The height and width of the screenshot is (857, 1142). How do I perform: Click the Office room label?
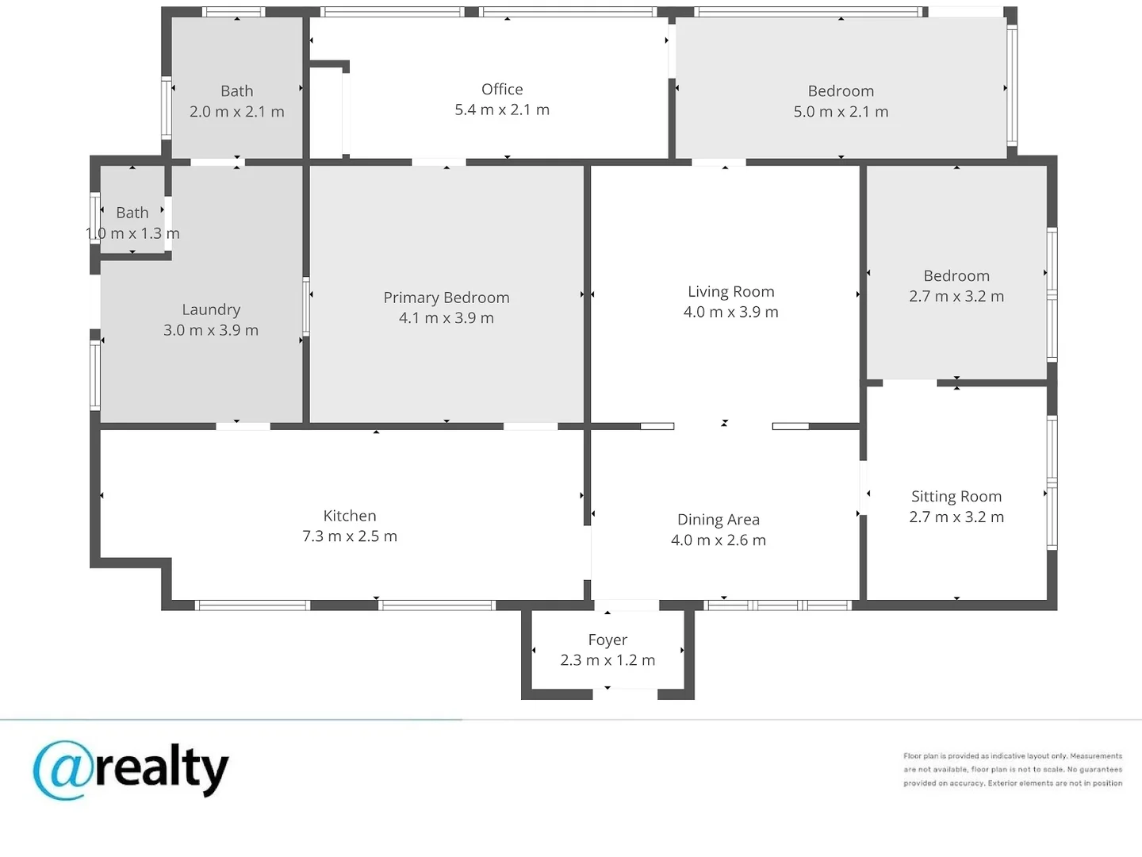coord(502,90)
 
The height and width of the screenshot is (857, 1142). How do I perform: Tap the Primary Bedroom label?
coord(446,298)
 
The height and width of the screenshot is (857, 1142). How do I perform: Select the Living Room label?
coord(731,291)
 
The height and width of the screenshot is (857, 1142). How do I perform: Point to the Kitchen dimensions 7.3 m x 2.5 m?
coord(350,536)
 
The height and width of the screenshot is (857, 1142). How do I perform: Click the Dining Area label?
coord(719,519)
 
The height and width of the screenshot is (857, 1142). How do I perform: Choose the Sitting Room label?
coord(956,497)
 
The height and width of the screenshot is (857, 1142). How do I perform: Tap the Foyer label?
coord(607,640)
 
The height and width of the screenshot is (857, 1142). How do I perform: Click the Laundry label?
coord(211,309)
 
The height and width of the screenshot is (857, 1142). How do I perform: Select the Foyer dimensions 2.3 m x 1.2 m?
coord(607,659)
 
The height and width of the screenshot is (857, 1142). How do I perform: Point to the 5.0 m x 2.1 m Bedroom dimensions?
coord(841,111)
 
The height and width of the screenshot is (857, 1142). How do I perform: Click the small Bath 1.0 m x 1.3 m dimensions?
coord(132,233)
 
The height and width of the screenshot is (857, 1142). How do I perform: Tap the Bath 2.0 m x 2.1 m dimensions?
coord(236,111)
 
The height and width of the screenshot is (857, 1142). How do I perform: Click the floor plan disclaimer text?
coord(1013,769)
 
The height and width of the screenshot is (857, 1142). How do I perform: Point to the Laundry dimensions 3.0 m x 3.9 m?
coord(211,330)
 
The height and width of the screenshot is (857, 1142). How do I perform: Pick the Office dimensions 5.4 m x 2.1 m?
coord(502,110)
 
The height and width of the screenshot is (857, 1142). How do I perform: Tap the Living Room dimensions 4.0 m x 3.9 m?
coord(731,312)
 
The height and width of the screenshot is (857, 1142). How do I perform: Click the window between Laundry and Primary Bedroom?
coord(306,307)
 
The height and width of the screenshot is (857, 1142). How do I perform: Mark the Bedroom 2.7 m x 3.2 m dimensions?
coord(956,296)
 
